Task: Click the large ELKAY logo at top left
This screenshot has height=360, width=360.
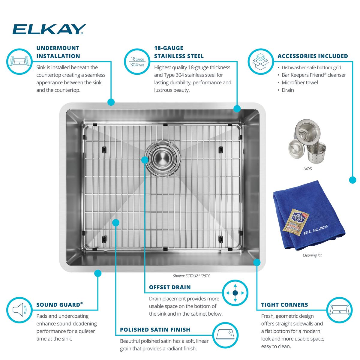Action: (49, 29)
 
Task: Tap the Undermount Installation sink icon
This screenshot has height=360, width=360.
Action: (19, 61)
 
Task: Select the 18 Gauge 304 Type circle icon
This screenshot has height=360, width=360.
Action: (137, 62)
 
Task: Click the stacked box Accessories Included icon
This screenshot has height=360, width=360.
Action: (261, 62)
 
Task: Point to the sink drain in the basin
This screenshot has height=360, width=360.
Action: (163, 159)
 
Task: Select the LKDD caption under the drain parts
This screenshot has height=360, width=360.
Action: (308, 169)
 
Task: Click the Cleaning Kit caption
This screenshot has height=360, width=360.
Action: (312, 255)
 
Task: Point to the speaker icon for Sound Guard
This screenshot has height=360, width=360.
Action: (19, 310)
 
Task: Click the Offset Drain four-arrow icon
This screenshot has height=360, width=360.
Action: (235, 293)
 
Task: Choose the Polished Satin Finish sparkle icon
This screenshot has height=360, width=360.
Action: (225, 335)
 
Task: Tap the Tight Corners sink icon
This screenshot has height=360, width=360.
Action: (339, 310)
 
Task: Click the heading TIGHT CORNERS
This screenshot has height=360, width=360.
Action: (284, 305)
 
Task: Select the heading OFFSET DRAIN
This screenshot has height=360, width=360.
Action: (170, 287)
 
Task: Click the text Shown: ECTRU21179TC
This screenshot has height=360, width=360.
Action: (191, 276)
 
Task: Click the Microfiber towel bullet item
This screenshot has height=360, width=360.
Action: (300, 82)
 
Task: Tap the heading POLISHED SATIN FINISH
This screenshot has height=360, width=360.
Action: (155, 329)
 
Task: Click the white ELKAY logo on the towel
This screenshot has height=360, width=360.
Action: (316, 229)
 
